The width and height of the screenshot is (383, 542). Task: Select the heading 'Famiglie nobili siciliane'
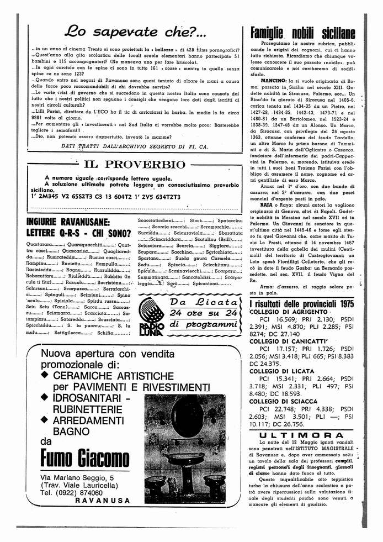pyautogui.click(x=302, y=33)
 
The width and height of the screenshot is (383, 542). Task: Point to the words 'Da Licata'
pyautogui.click(x=204, y=302)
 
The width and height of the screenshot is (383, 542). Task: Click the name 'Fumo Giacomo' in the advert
pyautogui.click(x=84, y=457)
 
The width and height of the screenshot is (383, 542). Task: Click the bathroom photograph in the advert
pyautogui.click(x=185, y=448)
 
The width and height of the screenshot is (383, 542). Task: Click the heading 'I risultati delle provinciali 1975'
pyautogui.click(x=301, y=304)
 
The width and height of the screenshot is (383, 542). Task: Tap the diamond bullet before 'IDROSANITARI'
pyautogui.click(x=45, y=398)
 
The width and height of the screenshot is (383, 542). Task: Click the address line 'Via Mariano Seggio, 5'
pyautogui.click(x=77, y=477)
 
